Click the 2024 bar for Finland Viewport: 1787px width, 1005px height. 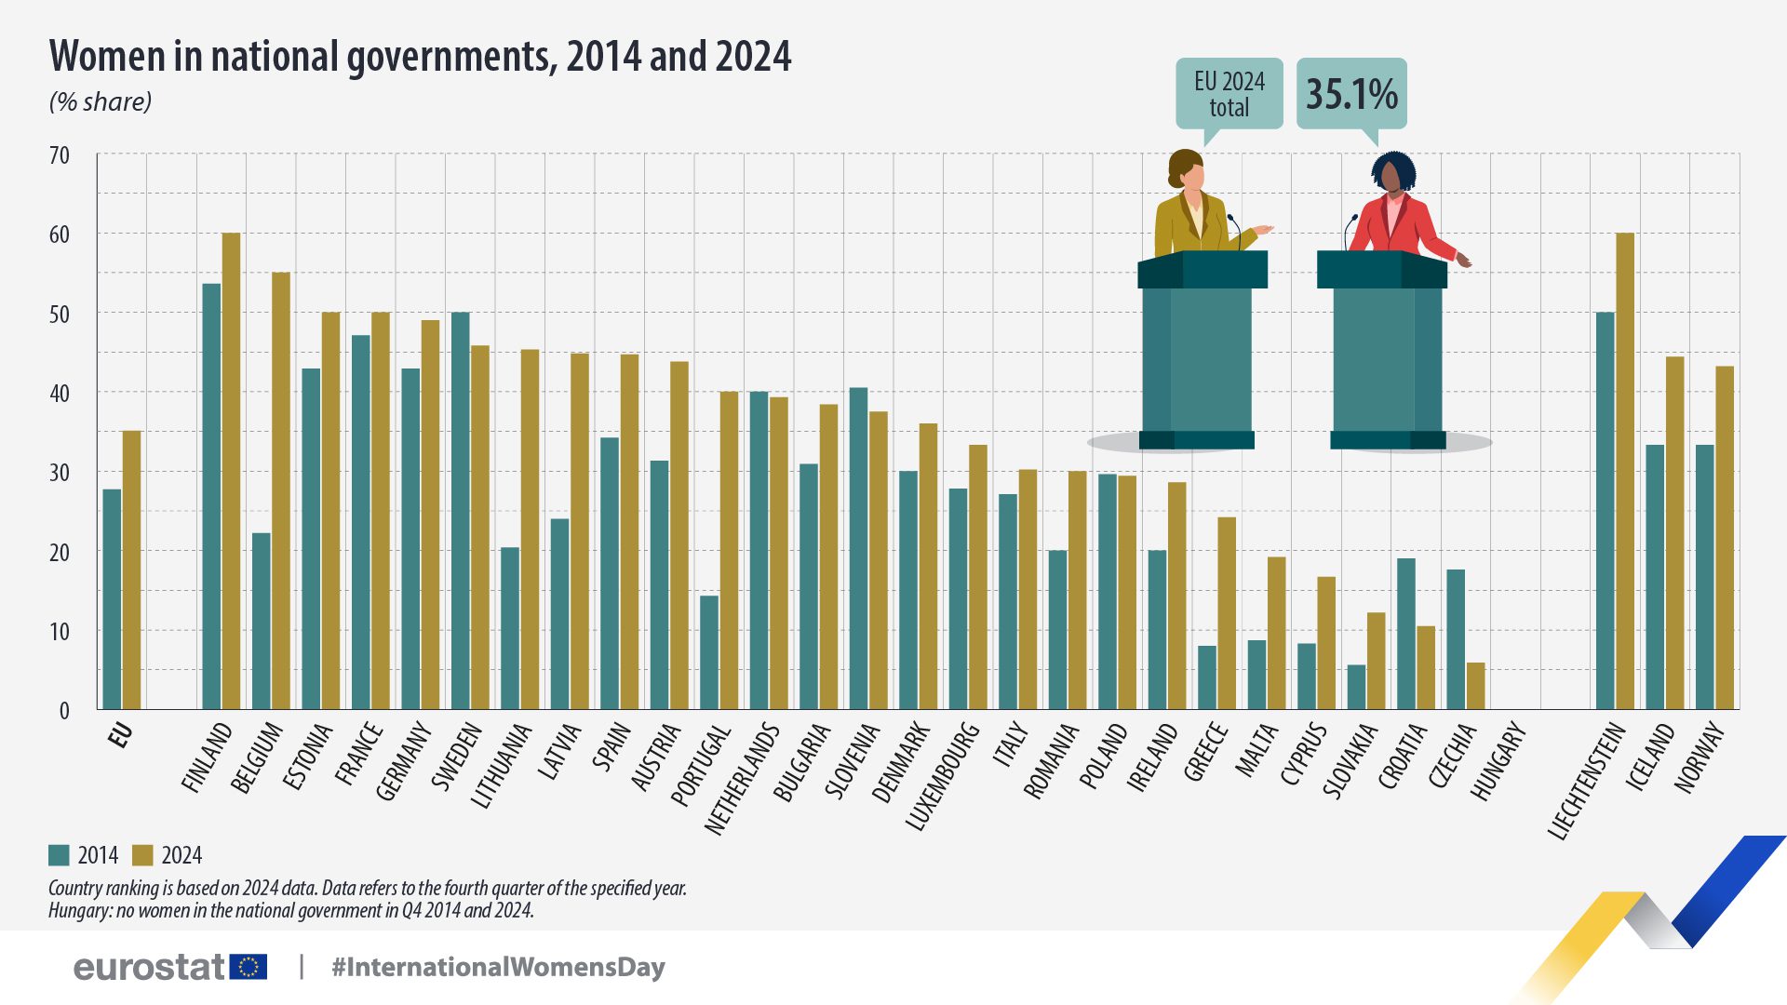click(231, 471)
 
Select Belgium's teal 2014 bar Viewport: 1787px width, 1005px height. click(262, 621)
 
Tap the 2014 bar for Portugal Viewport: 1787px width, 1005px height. click(709, 652)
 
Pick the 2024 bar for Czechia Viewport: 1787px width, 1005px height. click(1475, 686)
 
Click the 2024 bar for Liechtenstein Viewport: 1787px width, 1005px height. click(1625, 471)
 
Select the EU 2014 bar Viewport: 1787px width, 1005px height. click(112, 599)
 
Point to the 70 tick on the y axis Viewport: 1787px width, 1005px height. click(60, 155)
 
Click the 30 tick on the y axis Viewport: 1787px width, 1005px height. click(60, 473)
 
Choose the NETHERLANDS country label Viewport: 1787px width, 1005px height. click(742, 778)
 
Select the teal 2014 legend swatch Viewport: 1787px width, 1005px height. click(60, 855)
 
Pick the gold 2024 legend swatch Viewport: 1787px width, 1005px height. click(142, 855)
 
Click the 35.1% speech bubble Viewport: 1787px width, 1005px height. click(1351, 93)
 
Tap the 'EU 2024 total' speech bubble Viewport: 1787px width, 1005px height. click(1229, 94)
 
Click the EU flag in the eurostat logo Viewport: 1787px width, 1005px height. click(249, 967)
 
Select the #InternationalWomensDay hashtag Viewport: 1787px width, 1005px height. click(498, 967)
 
